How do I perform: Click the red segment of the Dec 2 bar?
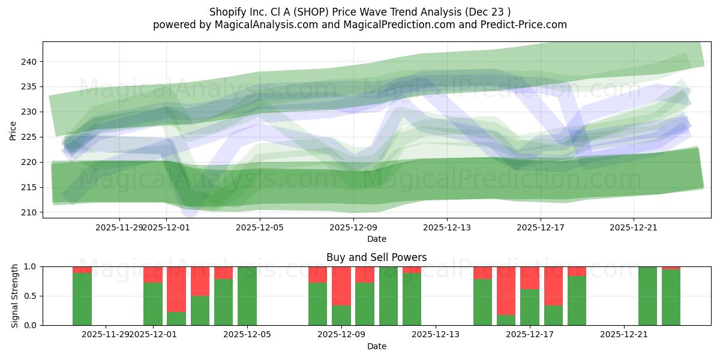pos(176,289)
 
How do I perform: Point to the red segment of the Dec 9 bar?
pos(341,286)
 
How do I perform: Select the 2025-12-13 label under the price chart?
pos(447,227)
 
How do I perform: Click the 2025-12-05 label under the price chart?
pos(260,227)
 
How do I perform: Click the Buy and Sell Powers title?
pos(376,257)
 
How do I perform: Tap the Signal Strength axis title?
pos(16,296)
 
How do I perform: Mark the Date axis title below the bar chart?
pos(376,346)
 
